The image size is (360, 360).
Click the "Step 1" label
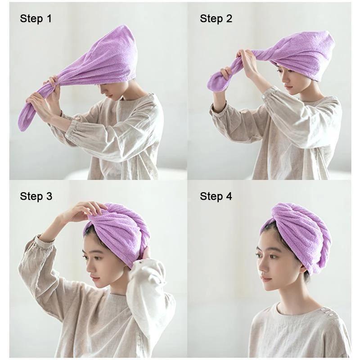(x=36, y=18)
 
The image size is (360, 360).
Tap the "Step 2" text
(x=216, y=18)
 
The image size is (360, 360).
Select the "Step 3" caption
(x=36, y=196)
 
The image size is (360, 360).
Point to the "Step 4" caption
(x=216, y=196)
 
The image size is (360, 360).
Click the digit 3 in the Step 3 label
(x=49, y=196)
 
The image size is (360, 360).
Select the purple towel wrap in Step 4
(x=299, y=234)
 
